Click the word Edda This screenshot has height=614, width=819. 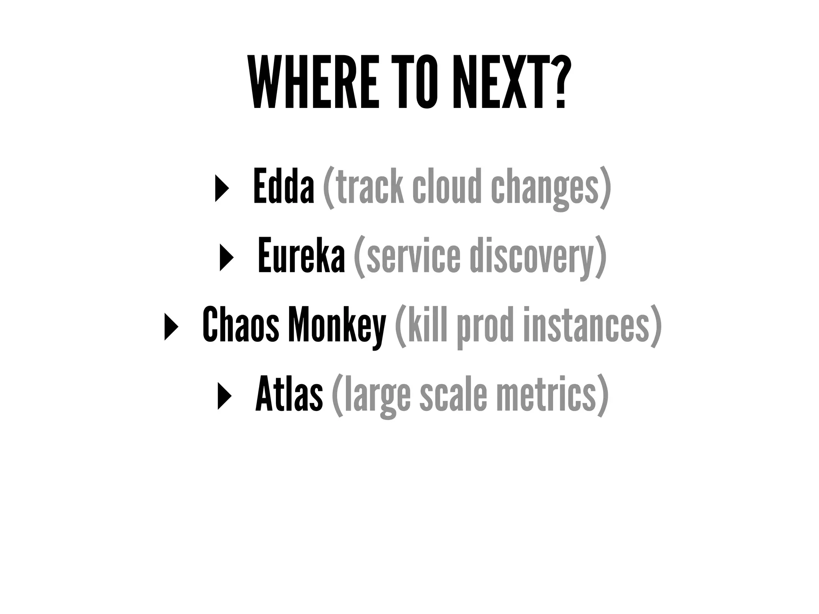[284, 186]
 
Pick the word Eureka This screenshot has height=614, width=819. [301, 255]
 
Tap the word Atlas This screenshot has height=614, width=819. [289, 393]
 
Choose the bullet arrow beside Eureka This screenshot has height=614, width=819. [226, 257]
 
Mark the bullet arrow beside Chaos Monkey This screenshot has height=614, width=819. [171, 326]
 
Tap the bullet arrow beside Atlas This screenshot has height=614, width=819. [224, 395]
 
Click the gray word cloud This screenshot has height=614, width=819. [447, 186]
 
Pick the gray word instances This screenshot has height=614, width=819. [586, 325]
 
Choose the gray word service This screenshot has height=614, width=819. [413, 256]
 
